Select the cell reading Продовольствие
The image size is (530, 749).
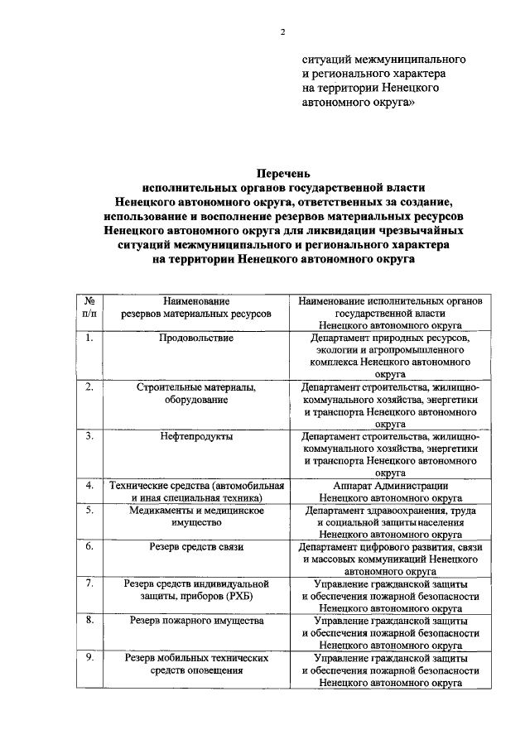click(196, 338)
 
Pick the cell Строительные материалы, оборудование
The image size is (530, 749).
click(196, 392)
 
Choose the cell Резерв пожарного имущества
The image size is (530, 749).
click(196, 619)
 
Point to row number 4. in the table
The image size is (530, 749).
click(90, 484)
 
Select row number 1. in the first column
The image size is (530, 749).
click(90, 338)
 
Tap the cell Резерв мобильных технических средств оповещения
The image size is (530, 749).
click(196, 664)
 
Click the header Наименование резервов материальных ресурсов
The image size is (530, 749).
click(196, 308)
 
